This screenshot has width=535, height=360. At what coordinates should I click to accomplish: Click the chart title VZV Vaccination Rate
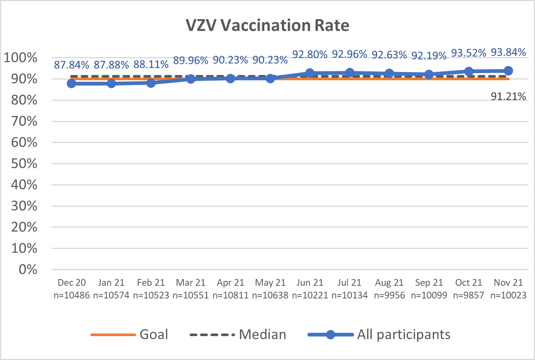click(267, 25)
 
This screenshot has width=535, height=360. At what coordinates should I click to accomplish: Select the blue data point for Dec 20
click(72, 84)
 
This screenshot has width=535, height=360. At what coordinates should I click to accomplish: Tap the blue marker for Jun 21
click(310, 73)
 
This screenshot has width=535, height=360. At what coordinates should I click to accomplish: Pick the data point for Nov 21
click(508, 71)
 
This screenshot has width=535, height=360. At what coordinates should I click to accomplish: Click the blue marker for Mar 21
click(191, 79)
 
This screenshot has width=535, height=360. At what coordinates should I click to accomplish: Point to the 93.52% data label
click(469, 53)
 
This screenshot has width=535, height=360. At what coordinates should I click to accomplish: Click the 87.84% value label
click(72, 65)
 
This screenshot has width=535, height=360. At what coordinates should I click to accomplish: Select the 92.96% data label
click(350, 54)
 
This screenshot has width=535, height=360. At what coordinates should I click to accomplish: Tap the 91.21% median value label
click(508, 97)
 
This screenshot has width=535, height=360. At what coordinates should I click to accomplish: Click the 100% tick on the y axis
click(21, 58)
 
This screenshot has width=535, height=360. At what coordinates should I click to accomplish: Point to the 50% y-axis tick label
click(24, 164)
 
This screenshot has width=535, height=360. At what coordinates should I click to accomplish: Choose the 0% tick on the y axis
click(28, 269)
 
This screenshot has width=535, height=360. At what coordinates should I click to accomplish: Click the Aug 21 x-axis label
click(389, 283)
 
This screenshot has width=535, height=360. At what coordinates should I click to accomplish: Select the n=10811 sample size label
click(231, 295)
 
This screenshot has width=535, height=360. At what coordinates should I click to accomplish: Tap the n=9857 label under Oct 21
click(469, 295)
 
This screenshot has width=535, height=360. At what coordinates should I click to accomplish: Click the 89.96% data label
click(191, 60)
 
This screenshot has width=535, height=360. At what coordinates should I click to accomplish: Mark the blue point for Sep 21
click(429, 75)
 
